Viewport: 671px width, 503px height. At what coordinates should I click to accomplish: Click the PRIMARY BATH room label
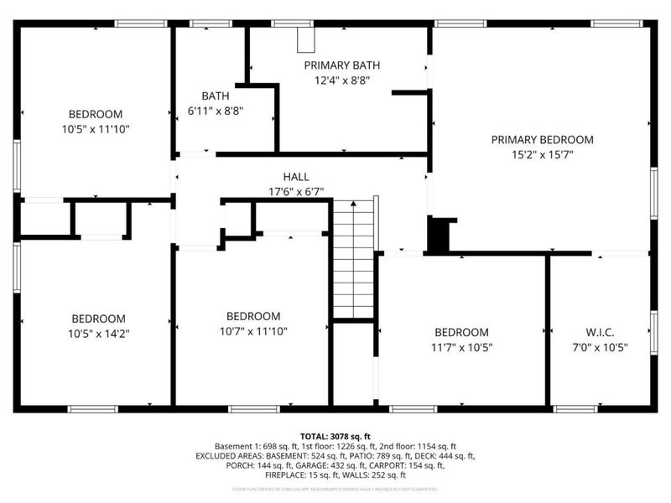click(342, 65)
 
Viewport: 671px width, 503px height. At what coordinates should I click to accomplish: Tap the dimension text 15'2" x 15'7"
click(542, 154)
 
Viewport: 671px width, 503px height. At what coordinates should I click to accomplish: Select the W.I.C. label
click(601, 332)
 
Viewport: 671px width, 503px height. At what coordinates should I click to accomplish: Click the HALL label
click(295, 177)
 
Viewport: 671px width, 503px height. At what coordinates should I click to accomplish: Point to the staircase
click(353, 260)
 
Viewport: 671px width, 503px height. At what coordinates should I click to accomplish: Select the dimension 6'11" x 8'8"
click(216, 110)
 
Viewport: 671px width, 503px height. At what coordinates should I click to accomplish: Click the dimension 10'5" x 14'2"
click(98, 333)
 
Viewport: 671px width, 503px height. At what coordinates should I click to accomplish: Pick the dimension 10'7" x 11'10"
click(253, 330)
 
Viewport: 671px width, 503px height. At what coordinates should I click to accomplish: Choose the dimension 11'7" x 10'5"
click(461, 347)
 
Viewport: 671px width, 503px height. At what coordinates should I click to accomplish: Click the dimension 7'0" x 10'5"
click(601, 347)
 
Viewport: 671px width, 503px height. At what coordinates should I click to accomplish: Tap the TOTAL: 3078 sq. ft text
click(335, 437)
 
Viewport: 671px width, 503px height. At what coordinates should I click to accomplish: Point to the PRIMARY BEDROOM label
click(542, 140)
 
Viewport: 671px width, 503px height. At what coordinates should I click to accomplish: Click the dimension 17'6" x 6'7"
click(295, 191)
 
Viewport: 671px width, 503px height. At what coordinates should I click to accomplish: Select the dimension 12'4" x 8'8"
click(342, 80)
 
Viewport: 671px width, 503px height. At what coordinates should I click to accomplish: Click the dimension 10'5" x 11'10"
click(96, 129)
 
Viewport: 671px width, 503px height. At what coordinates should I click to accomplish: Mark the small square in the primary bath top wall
click(306, 40)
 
